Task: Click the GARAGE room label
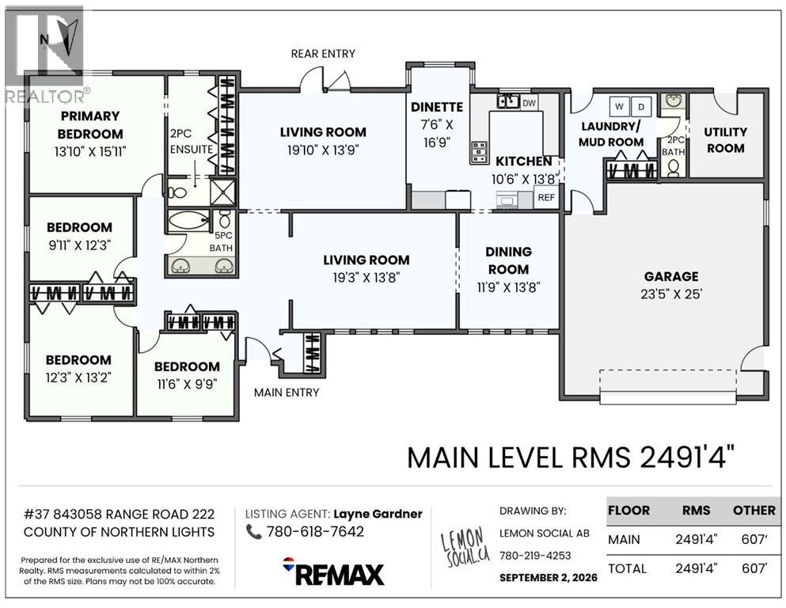[x=671, y=276]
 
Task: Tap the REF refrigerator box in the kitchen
[x=546, y=197]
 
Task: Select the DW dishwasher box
[x=529, y=103]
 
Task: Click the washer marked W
[x=620, y=106]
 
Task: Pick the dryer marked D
[x=641, y=106]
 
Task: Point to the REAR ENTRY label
[x=323, y=54]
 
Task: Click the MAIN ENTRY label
[x=287, y=393]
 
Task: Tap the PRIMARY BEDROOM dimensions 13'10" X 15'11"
[x=90, y=151]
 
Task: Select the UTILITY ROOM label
[x=725, y=140]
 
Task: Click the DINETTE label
[x=437, y=107]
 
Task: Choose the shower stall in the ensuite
[x=222, y=192]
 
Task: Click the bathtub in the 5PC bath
[x=188, y=221]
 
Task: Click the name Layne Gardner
[x=378, y=514]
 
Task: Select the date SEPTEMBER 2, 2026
[x=549, y=577]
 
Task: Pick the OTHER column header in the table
[x=754, y=511]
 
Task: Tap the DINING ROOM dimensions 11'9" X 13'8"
[x=508, y=287]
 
